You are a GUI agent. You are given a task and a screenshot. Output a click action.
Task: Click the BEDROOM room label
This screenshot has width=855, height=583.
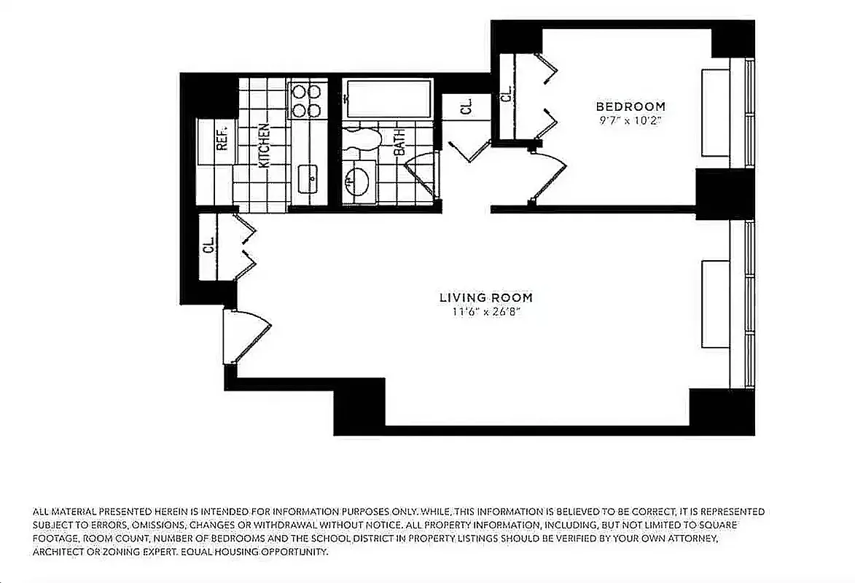coord(630,106)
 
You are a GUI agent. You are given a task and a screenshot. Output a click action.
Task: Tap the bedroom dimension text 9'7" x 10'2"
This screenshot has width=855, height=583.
coord(630,120)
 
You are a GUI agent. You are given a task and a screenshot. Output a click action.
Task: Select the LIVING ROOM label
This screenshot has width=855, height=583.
coord(485,297)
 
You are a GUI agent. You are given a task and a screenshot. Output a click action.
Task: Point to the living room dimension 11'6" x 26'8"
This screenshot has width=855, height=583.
coord(485,312)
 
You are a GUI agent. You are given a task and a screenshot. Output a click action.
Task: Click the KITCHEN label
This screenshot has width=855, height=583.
coord(264,145)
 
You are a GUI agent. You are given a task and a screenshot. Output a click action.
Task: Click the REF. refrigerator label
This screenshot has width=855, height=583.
coord(223,136)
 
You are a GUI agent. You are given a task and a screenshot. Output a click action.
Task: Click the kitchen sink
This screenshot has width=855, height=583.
coord(308,176)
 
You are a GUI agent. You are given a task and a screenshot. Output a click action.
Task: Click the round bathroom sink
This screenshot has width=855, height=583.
coord(357,180)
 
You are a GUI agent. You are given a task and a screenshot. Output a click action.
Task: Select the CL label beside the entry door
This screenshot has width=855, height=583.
coord(208,244)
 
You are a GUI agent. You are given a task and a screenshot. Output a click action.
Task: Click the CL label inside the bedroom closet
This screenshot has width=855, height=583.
coord(505,93)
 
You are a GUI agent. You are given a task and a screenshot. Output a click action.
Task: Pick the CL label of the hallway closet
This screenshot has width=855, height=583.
coord(466,107)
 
